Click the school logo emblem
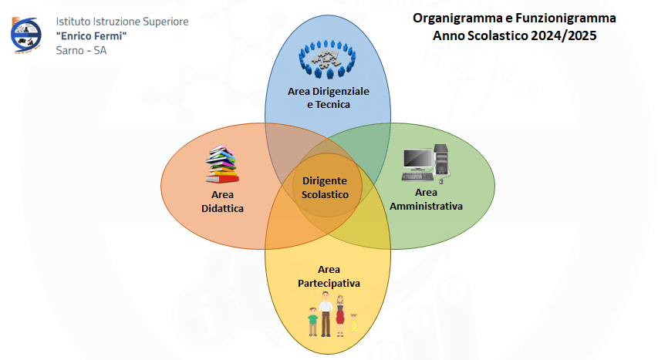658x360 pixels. click(x=25, y=35)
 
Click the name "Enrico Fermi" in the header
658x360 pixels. click(x=91, y=36)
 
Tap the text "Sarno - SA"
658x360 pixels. click(x=81, y=50)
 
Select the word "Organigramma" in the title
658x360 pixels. click(x=457, y=19)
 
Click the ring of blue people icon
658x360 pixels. click(x=327, y=59)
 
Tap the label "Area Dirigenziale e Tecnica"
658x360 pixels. click(x=328, y=98)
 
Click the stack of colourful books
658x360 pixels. click(x=222, y=164)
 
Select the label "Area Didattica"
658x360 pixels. click(x=222, y=201)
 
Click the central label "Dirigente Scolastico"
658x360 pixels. click(x=325, y=187)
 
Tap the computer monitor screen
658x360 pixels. click(x=417, y=160)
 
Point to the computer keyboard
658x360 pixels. click(x=417, y=177)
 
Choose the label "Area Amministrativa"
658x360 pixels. click(x=426, y=200)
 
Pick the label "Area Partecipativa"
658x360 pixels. click(x=329, y=276)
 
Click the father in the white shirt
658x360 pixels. click(x=326, y=315)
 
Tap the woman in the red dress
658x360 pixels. click(x=340, y=315)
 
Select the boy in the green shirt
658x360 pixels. click(x=312, y=321)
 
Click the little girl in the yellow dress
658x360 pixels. click(x=354, y=325)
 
